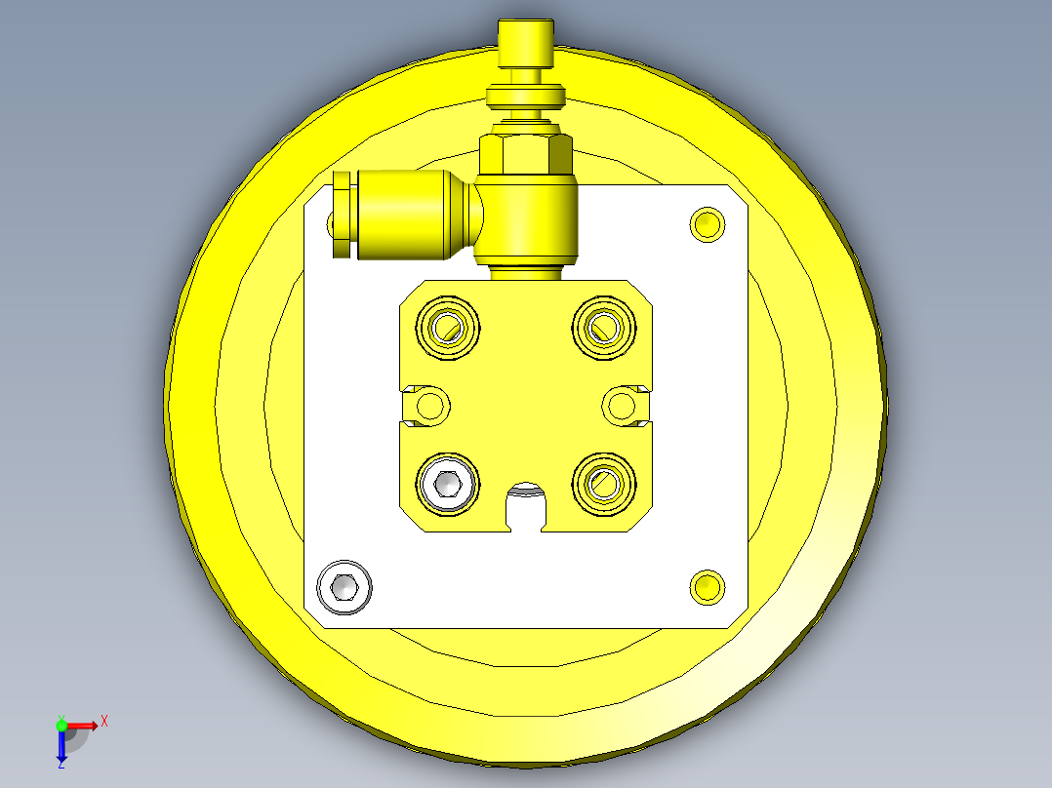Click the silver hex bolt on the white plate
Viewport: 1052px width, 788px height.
344,587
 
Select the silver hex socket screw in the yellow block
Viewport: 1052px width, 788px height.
448,484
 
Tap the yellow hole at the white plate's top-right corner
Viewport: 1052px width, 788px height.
708,224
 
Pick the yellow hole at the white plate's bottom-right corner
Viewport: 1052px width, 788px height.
708,587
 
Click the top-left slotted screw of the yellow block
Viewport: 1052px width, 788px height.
448,328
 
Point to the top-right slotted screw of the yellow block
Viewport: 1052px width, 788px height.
604,328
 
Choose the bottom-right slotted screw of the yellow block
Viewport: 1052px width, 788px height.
604,484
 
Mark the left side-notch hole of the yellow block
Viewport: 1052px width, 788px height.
429,406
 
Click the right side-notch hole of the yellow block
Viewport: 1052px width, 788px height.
622,406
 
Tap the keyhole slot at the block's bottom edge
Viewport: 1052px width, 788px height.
526,506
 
